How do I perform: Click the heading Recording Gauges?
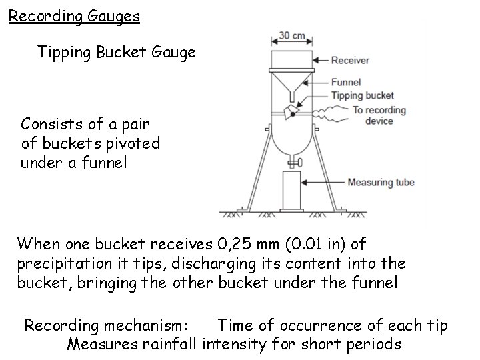click(x=74, y=15)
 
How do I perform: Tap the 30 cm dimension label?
click(x=291, y=35)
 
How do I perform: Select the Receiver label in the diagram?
click(x=351, y=61)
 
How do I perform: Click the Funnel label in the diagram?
click(x=346, y=83)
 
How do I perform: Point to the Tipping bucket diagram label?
click(x=363, y=96)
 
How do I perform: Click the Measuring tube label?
click(x=381, y=182)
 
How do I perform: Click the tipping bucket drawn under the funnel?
click(x=291, y=112)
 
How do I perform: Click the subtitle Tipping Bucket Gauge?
click(x=117, y=52)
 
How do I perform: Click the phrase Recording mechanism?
click(x=107, y=325)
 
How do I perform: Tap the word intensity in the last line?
click(x=233, y=344)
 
